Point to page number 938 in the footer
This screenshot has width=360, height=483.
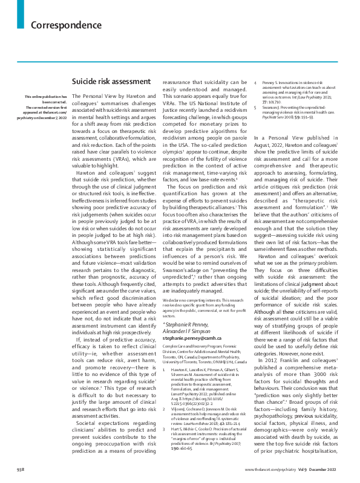pos(21,469)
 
